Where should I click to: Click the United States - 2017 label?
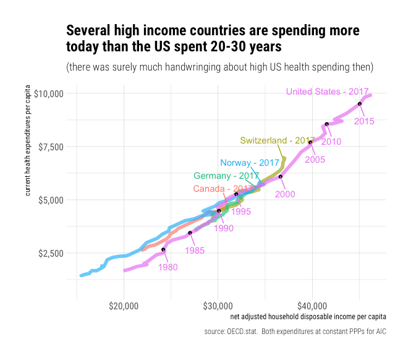[x=327, y=92]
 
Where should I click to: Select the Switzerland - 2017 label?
[x=278, y=140]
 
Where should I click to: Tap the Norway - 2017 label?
[x=250, y=163]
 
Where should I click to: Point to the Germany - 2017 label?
[x=226, y=176]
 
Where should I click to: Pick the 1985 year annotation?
[x=195, y=251]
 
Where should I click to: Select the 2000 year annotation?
[x=285, y=194]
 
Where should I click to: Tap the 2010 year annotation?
[x=331, y=142]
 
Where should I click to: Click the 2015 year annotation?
[x=364, y=121]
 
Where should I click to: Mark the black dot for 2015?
[x=359, y=104]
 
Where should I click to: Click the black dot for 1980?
[x=164, y=250]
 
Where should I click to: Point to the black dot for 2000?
[x=281, y=177]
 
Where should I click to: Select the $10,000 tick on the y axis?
[x=50, y=93]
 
